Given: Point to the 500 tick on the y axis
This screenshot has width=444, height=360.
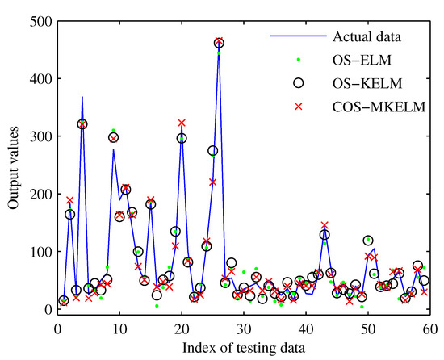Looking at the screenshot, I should (37, 21).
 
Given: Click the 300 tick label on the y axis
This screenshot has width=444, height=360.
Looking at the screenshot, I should (37, 136).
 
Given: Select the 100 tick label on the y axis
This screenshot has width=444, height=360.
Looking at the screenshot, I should (37, 252).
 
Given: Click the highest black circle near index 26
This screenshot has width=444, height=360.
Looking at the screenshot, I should (219, 43).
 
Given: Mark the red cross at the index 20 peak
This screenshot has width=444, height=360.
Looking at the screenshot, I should (182, 123).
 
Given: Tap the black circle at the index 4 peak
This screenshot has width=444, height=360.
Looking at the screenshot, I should (82, 124).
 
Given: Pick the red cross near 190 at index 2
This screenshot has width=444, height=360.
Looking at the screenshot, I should (69, 200).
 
